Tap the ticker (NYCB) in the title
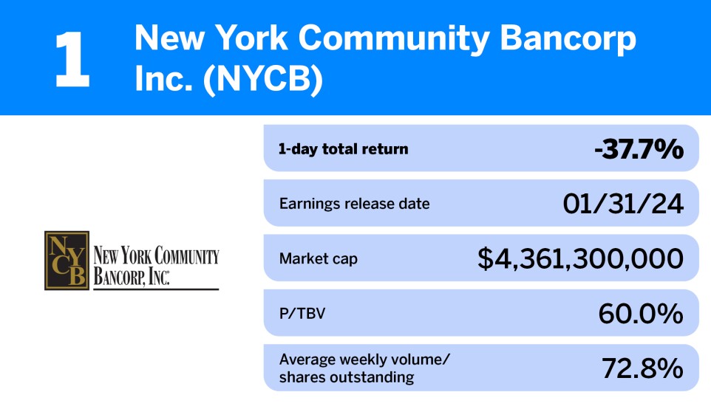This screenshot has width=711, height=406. [265, 79]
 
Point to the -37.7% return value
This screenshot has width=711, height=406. [639, 149]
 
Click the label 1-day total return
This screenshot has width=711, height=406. [343, 149]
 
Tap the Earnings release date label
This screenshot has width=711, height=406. [354, 204]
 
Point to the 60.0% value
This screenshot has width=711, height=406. [640, 314]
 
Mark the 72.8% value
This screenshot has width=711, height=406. [642, 368]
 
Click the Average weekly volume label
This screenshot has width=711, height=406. [364, 359]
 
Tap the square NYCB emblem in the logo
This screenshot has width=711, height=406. [67, 260]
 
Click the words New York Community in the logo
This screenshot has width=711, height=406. [156, 256]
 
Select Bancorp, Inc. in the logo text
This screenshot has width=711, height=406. [132, 277]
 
